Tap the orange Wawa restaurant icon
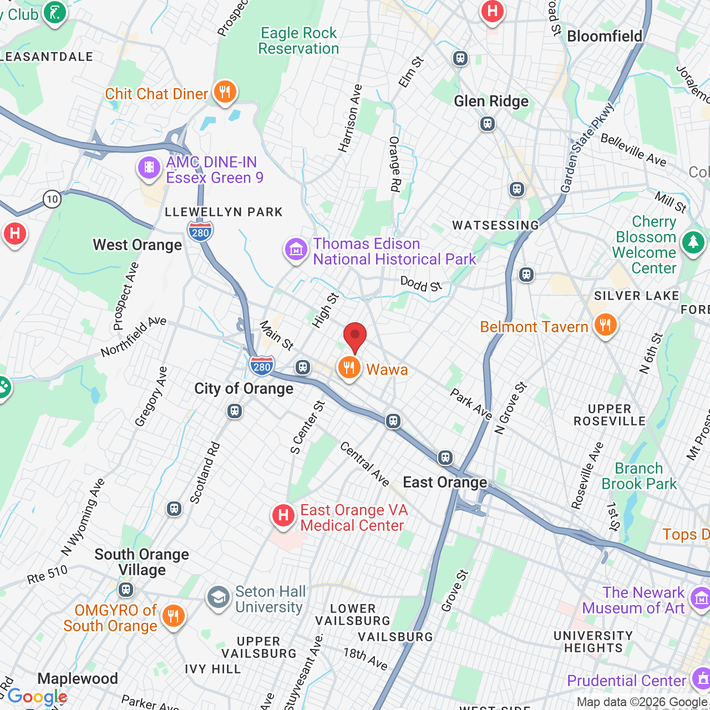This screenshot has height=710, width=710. [x=349, y=368]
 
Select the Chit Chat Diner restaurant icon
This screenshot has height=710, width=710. [x=225, y=92]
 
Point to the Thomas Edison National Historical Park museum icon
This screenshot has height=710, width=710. [x=296, y=250]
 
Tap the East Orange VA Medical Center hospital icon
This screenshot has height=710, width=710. [x=283, y=516]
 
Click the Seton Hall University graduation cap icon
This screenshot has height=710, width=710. [x=219, y=597]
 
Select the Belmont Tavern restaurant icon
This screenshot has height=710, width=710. [x=605, y=324]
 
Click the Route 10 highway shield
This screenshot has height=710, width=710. [x=52, y=199]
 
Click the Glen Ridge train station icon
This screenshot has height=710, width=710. [x=488, y=124]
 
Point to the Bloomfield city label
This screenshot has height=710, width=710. [x=604, y=37]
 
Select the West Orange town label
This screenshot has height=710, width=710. [x=137, y=245]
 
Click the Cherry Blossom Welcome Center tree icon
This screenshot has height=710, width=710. [x=693, y=242]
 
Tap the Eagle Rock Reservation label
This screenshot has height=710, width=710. [x=298, y=41]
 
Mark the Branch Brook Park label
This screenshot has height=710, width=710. [x=639, y=476]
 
